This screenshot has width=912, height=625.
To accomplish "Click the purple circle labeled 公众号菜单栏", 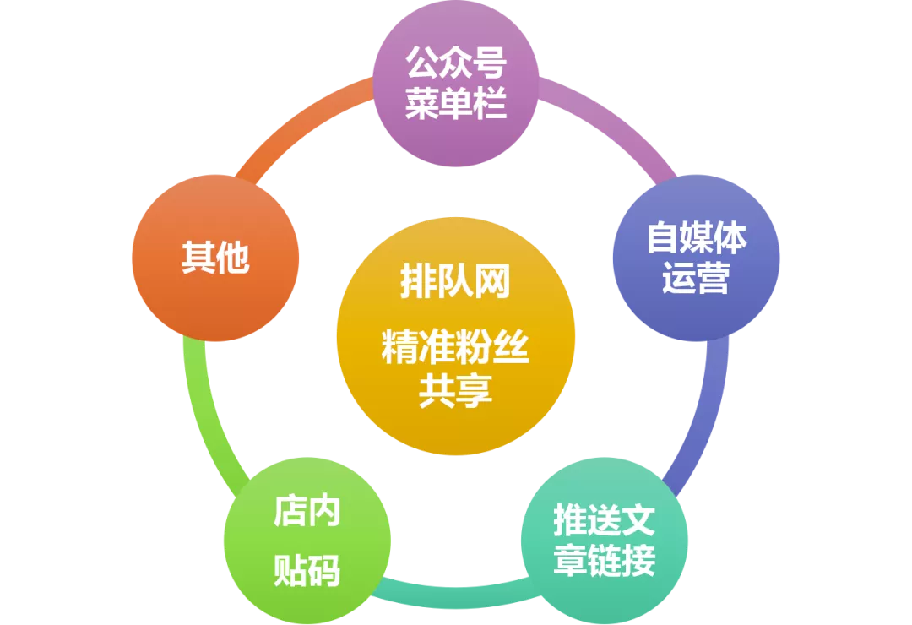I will click(456, 84).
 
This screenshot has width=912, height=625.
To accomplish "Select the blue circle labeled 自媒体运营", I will click(696, 258).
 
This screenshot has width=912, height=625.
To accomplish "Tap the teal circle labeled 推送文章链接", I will click(604, 541).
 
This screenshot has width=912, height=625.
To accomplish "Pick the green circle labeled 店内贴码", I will click(307, 541).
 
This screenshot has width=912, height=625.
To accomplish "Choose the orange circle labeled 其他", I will click(215, 258).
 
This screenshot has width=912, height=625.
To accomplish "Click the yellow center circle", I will click(456, 338).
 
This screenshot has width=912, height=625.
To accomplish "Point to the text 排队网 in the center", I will click(456, 283).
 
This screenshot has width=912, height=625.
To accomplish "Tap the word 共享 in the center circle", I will click(456, 390).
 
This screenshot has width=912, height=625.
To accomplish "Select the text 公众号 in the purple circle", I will click(456, 63).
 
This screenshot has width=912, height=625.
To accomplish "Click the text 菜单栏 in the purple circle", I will click(456, 105).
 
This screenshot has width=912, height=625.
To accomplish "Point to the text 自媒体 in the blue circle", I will click(696, 238).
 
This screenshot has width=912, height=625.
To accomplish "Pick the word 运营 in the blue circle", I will click(696, 279).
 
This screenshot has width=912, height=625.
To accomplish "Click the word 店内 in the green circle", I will click(307, 512).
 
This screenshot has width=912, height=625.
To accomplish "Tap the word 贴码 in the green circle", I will click(307, 571).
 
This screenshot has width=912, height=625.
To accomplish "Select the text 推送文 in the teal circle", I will click(604, 521).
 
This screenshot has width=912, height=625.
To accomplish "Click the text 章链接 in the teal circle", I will click(604, 561).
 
